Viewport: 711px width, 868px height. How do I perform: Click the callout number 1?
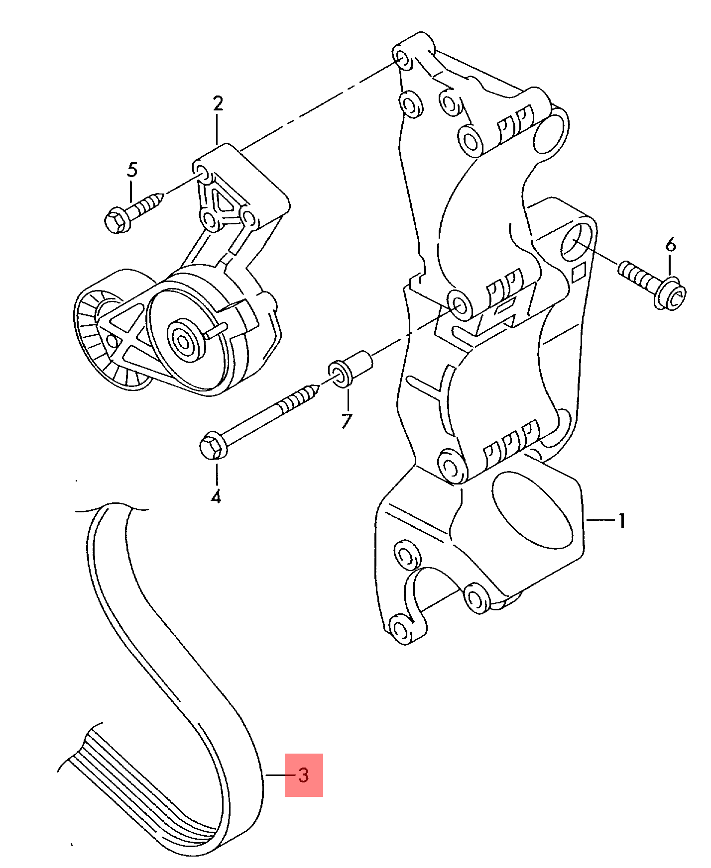pyautogui.click(x=622, y=521)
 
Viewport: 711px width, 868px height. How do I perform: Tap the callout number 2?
pyautogui.click(x=218, y=103)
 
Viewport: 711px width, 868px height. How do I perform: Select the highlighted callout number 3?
pyautogui.click(x=303, y=775)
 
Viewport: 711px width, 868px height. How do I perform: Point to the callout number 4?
pyautogui.click(x=216, y=496)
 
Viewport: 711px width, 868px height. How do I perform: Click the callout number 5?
pyautogui.click(x=131, y=170)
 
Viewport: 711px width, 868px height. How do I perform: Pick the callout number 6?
pyautogui.click(x=671, y=245)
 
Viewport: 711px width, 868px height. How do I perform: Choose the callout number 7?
pyautogui.click(x=347, y=421)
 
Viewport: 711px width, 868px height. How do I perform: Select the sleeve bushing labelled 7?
pyautogui.click(x=350, y=368)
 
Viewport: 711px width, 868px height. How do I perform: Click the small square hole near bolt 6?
pyautogui.click(x=579, y=273)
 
